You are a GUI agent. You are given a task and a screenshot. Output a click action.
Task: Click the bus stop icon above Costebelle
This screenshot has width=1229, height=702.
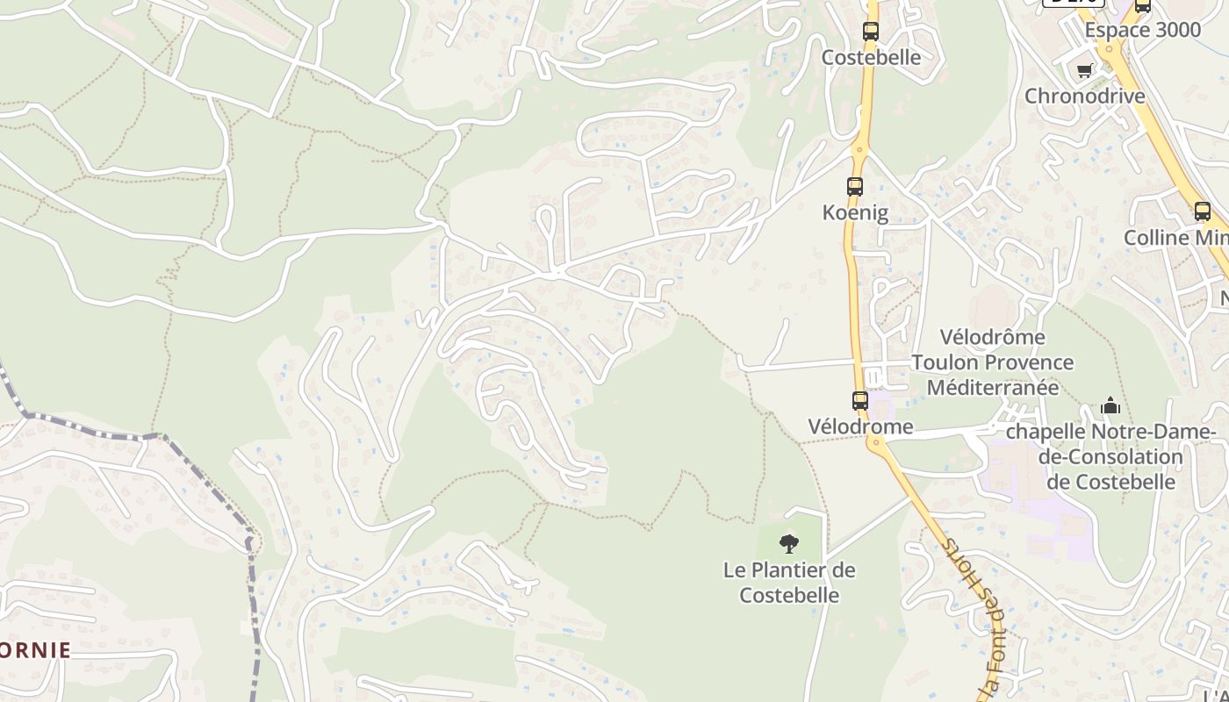click(870, 32)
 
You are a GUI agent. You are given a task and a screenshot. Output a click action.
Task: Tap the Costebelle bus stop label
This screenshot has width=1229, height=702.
click(871, 58)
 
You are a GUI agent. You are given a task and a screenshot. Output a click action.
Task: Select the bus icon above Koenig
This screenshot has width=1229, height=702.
click(855, 186)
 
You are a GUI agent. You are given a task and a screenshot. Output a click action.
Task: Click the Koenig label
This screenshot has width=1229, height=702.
click(855, 212)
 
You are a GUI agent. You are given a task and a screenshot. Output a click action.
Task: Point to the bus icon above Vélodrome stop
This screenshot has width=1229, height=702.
click(860, 401)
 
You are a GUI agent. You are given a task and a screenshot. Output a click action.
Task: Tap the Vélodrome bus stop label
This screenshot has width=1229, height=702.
click(860, 427)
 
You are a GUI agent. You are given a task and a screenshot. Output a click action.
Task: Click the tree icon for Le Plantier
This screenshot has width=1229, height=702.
click(789, 544)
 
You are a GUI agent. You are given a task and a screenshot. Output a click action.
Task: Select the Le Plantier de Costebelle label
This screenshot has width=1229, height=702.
click(789, 583)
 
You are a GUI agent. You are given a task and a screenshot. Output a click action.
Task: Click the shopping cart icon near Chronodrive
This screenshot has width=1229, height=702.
click(1085, 70)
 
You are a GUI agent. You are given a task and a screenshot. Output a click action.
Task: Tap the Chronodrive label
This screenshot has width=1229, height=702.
click(1085, 96)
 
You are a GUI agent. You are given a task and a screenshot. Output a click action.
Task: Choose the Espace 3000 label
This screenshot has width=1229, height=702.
click(1142, 30)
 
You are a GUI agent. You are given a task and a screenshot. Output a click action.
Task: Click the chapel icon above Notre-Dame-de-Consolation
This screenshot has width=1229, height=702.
click(1110, 406)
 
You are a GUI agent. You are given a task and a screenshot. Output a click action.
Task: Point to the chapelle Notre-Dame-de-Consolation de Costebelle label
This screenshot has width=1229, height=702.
click(1110, 457)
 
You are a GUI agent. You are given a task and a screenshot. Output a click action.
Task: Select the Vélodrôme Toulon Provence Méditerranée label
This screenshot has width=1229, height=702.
click(992, 362)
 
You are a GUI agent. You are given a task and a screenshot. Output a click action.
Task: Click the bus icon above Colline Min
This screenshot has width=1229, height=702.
click(1203, 211)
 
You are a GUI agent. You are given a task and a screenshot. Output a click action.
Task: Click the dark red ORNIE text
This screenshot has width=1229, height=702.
click(35, 650)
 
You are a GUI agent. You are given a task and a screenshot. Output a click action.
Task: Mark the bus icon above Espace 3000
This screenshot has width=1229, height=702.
click(1143, 6)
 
